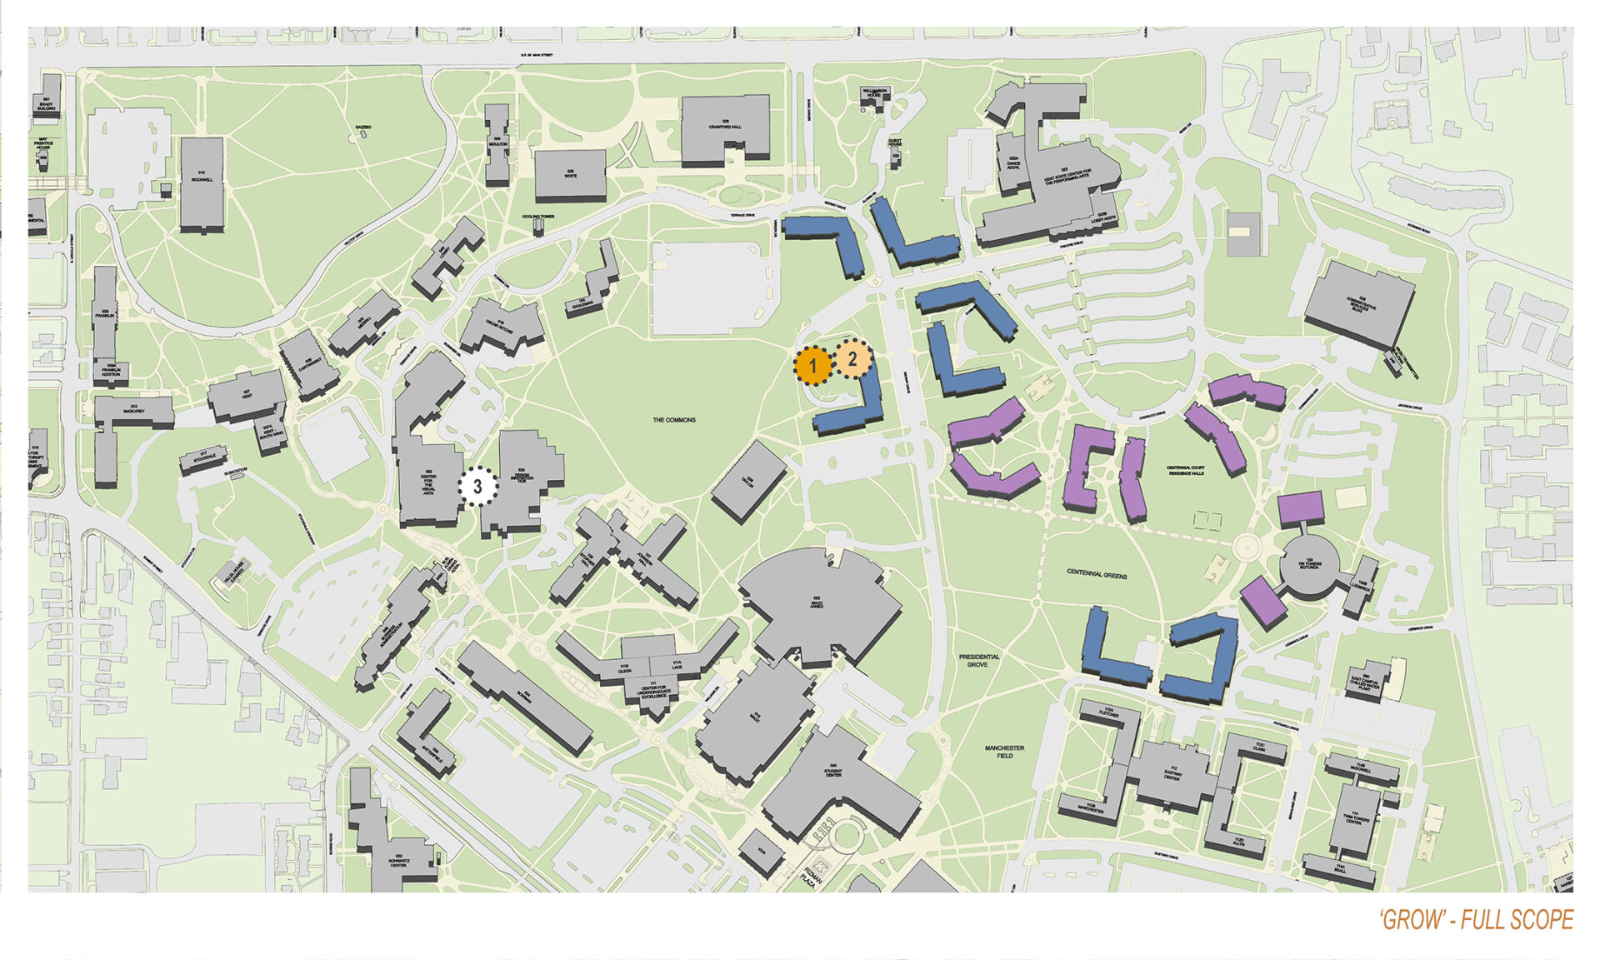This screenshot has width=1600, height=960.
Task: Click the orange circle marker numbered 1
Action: (812, 366)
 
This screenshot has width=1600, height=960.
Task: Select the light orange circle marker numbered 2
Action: (852, 361)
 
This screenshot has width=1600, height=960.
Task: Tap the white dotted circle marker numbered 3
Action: (477, 487)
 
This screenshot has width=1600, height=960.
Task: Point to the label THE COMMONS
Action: (673, 420)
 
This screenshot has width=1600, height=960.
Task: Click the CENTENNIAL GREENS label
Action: (1097, 574)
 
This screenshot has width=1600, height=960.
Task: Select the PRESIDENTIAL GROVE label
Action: (978, 661)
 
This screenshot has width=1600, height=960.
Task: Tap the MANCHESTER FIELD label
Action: (1004, 752)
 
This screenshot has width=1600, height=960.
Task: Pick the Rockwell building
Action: (202, 183)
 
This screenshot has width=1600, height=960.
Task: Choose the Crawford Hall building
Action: (724, 129)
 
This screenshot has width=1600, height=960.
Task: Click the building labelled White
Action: (570, 174)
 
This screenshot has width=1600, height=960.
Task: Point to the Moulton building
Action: (497, 143)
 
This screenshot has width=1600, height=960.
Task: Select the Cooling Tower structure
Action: (538, 225)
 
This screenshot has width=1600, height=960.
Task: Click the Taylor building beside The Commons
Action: (747, 482)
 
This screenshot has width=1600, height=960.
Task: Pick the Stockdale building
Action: (202, 459)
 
